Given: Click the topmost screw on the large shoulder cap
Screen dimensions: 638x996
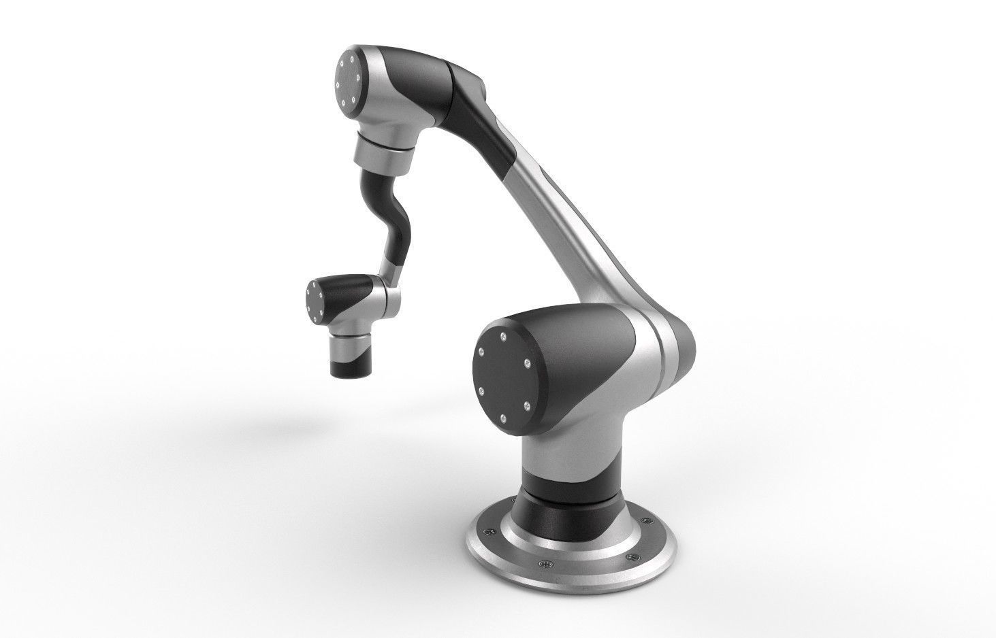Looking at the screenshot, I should pos(502,335).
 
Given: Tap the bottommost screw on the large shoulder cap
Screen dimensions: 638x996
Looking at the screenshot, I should pos(502,417).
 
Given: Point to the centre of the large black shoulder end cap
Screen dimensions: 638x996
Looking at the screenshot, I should pos(504,376).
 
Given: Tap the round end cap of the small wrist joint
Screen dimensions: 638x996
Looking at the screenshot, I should pos(315,301).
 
